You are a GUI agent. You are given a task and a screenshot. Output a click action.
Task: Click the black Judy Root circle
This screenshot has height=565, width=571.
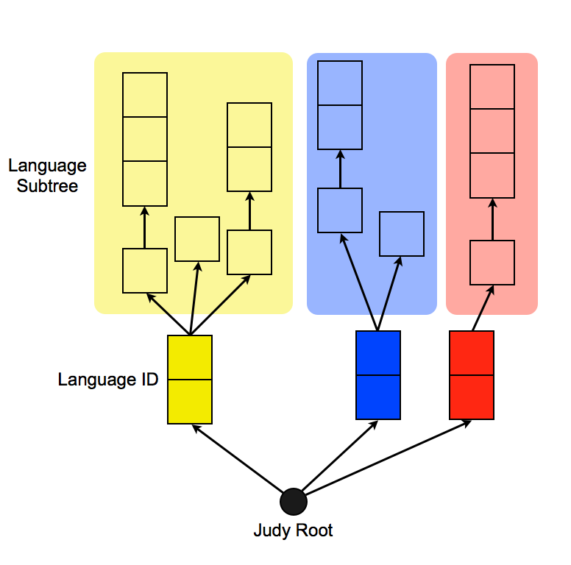[x=293, y=502]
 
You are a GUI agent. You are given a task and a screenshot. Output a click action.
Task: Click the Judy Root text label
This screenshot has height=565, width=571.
[x=293, y=530]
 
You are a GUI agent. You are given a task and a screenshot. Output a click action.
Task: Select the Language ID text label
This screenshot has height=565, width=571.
[x=107, y=380]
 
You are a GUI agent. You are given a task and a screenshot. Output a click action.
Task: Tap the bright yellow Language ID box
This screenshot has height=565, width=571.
[x=190, y=380]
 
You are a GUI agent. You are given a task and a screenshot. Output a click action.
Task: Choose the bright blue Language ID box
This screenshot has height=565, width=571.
[x=378, y=375]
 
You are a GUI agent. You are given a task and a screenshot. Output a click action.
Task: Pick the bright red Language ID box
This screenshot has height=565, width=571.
[x=472, y=375]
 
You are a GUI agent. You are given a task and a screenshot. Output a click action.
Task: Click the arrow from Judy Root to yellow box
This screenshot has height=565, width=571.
[x=237, y=458]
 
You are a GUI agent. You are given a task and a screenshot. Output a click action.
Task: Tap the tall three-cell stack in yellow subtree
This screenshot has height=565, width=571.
[x=145, y=139]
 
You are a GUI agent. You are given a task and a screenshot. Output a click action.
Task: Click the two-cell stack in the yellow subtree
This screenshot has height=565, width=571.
[x=249, y=147]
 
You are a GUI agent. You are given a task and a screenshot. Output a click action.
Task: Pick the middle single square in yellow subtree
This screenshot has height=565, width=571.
[x=197, y=239]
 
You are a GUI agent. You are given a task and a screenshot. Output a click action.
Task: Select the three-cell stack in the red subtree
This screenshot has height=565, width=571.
[x=492, y=131]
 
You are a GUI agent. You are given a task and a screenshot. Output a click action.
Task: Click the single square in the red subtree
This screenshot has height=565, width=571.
[x=492, y=263]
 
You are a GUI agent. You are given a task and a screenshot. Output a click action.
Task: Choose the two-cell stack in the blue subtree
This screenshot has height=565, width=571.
[x=340, y=105]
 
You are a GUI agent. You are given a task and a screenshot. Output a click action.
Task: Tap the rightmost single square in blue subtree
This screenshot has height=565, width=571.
[x=402, y=234]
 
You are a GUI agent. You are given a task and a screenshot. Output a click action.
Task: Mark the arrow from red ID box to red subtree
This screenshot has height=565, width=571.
[x=481, y=310]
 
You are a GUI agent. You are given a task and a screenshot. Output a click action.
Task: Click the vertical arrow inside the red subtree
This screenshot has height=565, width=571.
[x=492, y=219]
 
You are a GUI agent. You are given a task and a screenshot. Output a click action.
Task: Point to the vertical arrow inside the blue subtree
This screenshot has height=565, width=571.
[x=340, y=169]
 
